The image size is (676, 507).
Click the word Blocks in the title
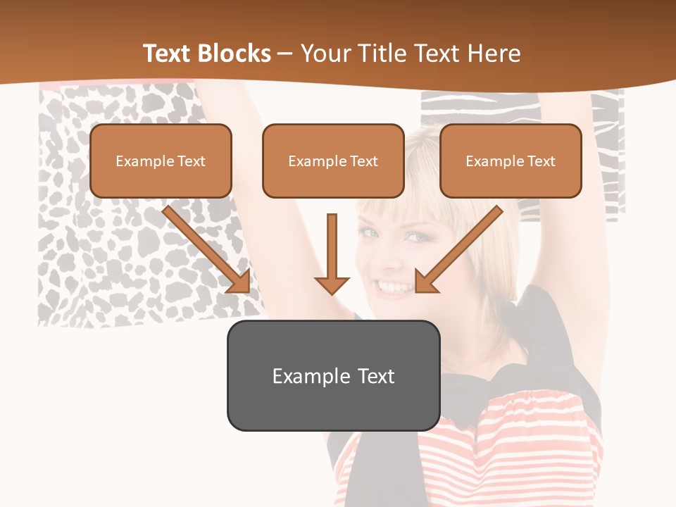pyautogui.click(x=235, y=54)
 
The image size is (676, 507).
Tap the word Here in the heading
pyautogui.click(x=496, y=54)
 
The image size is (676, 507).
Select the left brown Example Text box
pyautogui.click(x=161, y=161)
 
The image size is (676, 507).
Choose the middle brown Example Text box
pyautogui.click(x=333, y=161)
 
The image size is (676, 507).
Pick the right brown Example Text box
pyautogui.click(x=511, y=161)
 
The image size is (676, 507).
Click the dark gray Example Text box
pyautogui.click(x=333, y=375)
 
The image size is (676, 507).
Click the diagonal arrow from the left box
pyautogui.click(x=204, y=248)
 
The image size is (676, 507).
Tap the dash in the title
pyautogui.click(x=285, y=54)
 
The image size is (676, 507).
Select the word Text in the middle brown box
pyautogui.click(x=363, y=161)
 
